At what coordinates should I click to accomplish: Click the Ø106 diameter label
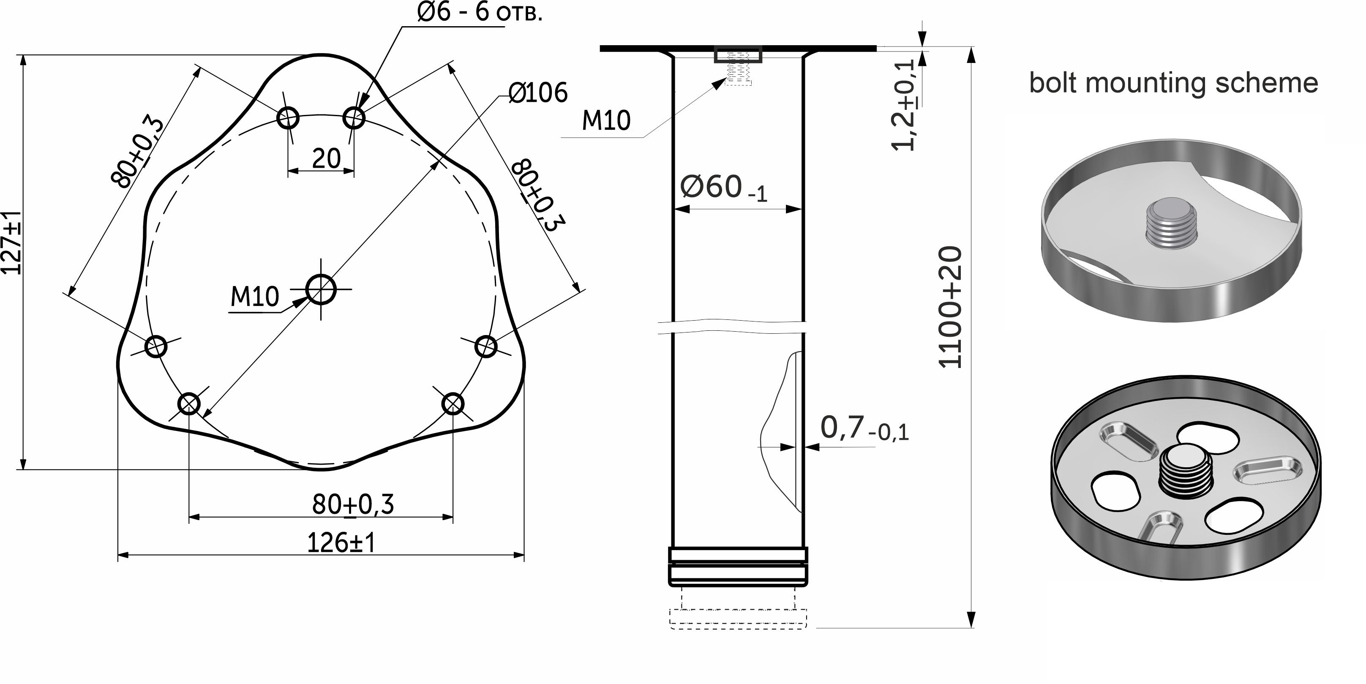538,93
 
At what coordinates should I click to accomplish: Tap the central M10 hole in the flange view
321,289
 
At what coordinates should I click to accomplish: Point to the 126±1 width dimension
341,542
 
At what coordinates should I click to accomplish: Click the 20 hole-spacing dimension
326,158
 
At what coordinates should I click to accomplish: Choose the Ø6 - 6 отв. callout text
480,12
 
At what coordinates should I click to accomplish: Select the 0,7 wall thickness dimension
864,428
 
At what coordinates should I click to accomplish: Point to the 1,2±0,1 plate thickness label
904,104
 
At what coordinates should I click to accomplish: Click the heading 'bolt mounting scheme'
1173,83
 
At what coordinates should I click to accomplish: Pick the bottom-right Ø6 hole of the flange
453,404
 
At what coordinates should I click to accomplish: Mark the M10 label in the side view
606,121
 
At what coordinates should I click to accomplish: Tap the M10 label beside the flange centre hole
254,297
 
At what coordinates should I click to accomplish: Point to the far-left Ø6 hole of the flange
156,347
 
